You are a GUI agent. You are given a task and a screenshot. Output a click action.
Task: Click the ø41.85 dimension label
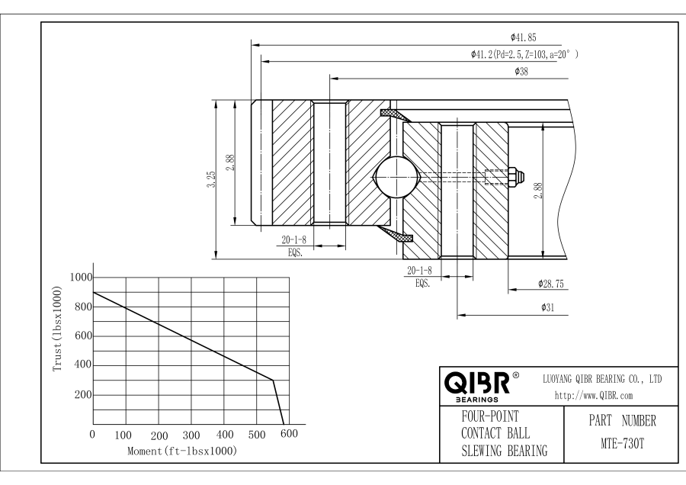point(525,37)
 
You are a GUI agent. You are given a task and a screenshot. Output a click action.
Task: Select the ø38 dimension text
point(522,71)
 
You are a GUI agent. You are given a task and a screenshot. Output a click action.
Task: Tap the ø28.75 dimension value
point(550,284)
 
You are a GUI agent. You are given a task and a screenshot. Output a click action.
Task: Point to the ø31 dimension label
point(547,307)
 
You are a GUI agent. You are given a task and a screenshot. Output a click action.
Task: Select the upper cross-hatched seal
point(395,115)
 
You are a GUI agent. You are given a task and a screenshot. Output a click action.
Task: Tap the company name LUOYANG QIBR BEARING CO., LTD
point(601,378)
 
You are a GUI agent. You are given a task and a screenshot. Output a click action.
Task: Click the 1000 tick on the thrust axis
point(81,278)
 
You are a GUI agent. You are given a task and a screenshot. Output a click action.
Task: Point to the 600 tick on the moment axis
point(288,435)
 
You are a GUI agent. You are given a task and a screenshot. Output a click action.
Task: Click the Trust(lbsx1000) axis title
point(57,329)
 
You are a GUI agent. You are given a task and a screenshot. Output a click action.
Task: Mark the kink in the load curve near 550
point(273,379)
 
